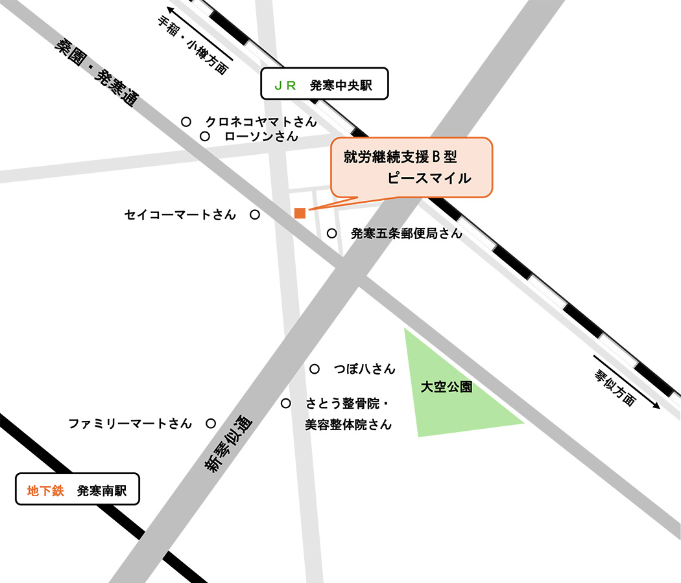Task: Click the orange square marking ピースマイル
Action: (x=300, y=213)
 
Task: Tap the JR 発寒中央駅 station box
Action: (x=324, y=84)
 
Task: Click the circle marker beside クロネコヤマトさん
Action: (x=186, y=121)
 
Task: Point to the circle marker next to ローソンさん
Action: (x=205, y=136)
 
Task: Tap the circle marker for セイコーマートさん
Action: (x=255, y=214)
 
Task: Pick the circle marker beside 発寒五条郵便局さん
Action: (x=332, y=233)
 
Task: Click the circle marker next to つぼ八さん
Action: (x=315, y=369)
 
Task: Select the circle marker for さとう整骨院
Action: (x=286, y=404)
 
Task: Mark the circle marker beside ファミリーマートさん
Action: (x=211, y=424)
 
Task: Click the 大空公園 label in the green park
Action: (x=446, y=388)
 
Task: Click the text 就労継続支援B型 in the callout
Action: (x=400, y=157)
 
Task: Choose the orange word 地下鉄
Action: (x=45, y=491)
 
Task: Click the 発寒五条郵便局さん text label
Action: (x=406, y=234)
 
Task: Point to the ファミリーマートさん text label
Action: (x=130, y=424)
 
